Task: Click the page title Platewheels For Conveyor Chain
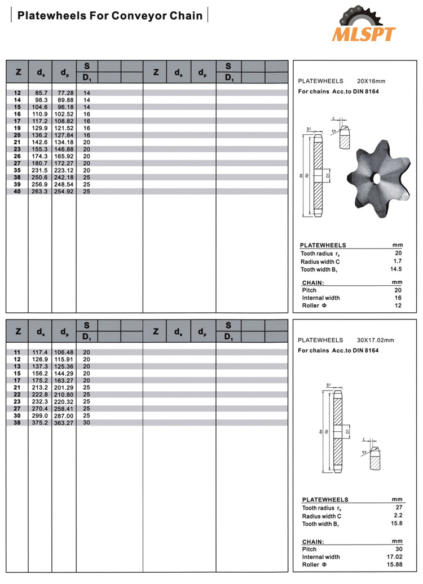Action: click(x=110, y=16)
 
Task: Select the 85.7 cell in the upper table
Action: click(x=41, y=92)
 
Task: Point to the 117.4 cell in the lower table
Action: click(x=41, y=352)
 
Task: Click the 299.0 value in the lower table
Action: click(x=41, y=415)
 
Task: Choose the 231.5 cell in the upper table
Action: click(x=41, y=170)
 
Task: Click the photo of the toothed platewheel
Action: click(x=374, y=176)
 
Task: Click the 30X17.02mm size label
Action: click(x=375, y=340)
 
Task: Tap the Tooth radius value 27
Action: click(x=398, y=508)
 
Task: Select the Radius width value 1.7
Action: click(x=398, y=262)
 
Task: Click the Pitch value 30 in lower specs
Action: click(x=398, y=549)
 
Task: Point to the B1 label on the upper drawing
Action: click(x=309, y=130)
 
